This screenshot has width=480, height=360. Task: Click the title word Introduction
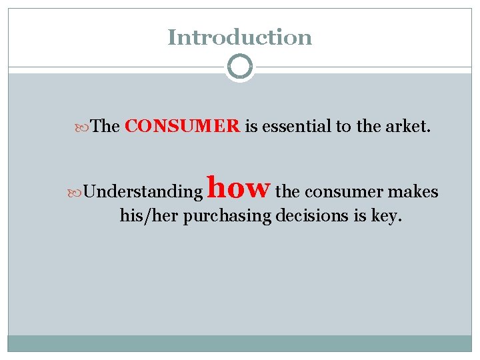coord(239,37)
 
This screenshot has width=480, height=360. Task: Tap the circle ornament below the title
coord(240,67)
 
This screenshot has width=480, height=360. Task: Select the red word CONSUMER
coord(182,126)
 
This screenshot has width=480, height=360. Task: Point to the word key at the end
coord(385,217)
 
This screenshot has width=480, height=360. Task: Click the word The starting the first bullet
coord(105,126)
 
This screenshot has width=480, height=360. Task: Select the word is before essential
coord(251,126)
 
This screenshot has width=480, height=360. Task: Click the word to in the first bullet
coord(343,126)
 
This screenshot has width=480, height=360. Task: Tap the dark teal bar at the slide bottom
coord(239,343)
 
